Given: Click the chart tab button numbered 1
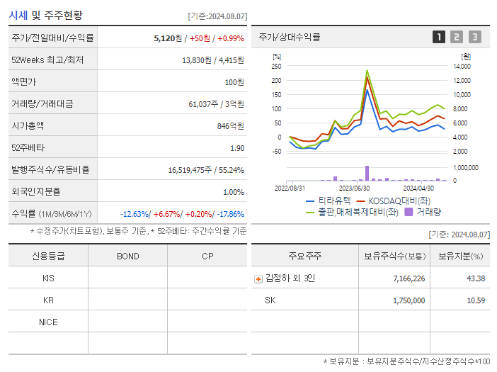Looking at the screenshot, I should coord(439,37).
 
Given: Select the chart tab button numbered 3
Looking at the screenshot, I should coord(474,37).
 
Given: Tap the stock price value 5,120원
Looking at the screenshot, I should coord(169,38).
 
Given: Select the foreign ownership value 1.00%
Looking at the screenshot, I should coord(233,192).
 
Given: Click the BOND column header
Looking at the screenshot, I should coord(127,256).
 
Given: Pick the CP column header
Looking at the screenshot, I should coord(207,256).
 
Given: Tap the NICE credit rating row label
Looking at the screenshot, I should coord(48,322).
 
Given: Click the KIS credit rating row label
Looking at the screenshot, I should coord(48,278).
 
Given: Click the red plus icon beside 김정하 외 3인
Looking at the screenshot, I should coord(258,279).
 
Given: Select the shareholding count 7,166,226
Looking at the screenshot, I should coord(409,278).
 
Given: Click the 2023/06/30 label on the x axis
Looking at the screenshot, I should coord(354,188).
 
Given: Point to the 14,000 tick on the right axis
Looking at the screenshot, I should coord(462,66).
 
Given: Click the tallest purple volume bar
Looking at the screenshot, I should coord(367,173).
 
